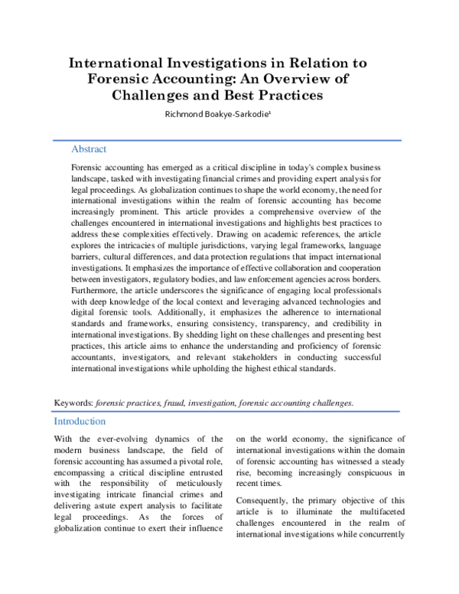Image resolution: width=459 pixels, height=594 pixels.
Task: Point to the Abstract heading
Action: click(89, 149)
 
